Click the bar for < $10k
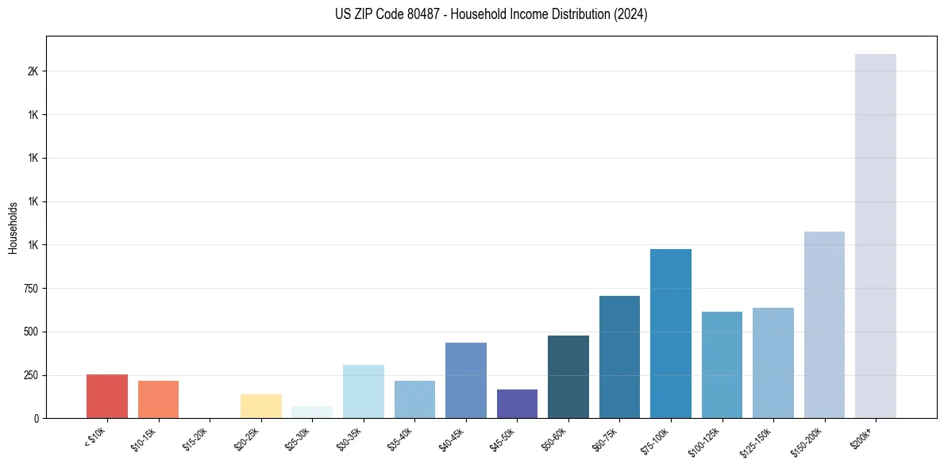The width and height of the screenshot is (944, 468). click(106, 396)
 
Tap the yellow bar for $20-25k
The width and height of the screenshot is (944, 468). click(260, 405)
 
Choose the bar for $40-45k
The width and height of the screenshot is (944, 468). click(465, 380)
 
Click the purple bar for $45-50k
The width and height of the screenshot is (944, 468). click(517, 403)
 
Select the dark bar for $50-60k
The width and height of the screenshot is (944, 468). click(568, 376)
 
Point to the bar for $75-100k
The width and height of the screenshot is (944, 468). click(671, 333)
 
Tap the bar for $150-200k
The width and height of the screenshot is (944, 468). click(824, 324)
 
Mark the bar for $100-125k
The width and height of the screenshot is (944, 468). click(722, 364)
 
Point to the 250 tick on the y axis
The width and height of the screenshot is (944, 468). click(33, 375)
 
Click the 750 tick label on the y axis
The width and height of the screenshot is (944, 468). click(33, 289)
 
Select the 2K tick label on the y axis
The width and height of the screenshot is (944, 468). click(33, 71)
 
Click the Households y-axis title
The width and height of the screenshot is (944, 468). click(13, 228)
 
